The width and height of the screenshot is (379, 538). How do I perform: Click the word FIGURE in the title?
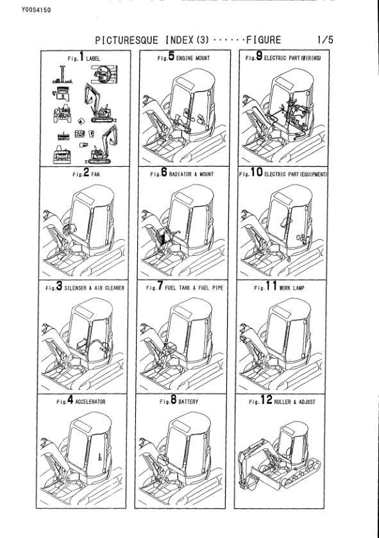tap(261, 40)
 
